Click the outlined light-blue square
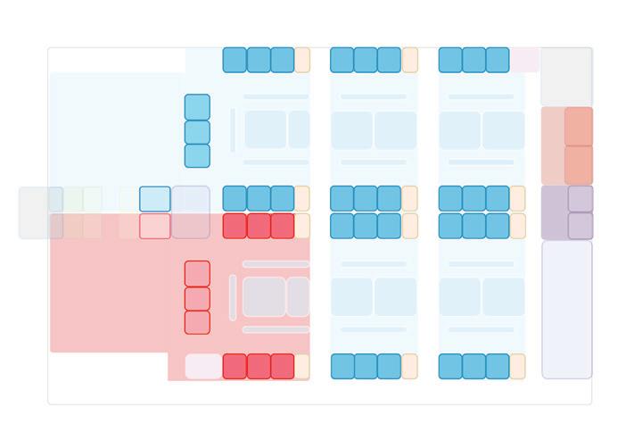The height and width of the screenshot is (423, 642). (154, 199)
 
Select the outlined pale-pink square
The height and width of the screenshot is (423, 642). (154, 226)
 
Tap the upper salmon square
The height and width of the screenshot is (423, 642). (578, 126)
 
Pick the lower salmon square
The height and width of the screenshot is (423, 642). (578, 165)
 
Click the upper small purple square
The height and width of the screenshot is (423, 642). (580, 199)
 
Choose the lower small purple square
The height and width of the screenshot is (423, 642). (580, 226)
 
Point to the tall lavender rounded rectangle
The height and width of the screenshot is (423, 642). (566, 310)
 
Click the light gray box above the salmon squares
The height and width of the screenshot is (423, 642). (566, 77)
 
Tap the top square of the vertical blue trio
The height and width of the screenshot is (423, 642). (197, 107)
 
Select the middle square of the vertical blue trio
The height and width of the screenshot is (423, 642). (197, 132)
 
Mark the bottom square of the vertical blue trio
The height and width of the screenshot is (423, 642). (197, 156)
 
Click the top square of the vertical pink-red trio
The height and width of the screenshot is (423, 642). (197, 273)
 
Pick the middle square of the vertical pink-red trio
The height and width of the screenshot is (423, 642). (197, 298)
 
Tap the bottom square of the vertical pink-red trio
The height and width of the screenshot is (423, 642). (197, 322)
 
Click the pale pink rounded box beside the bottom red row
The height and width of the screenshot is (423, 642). (202, 366)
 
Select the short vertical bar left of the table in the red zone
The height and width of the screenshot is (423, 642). (233, 297)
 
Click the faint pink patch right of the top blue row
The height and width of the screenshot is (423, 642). (524, 59)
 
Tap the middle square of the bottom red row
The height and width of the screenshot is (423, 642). (259, 366)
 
